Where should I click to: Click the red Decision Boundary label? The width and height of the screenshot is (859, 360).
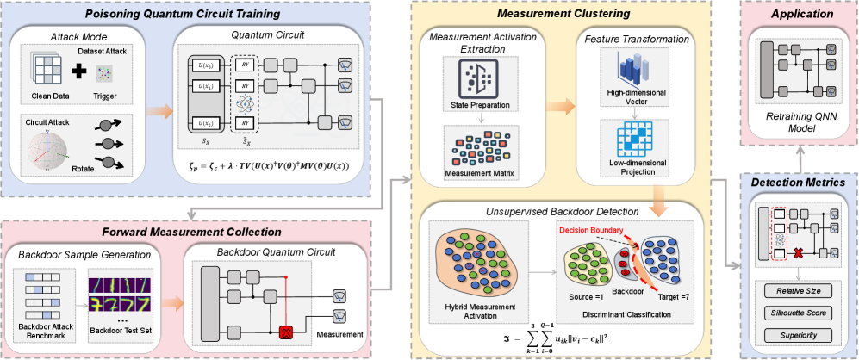coord(594,231)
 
